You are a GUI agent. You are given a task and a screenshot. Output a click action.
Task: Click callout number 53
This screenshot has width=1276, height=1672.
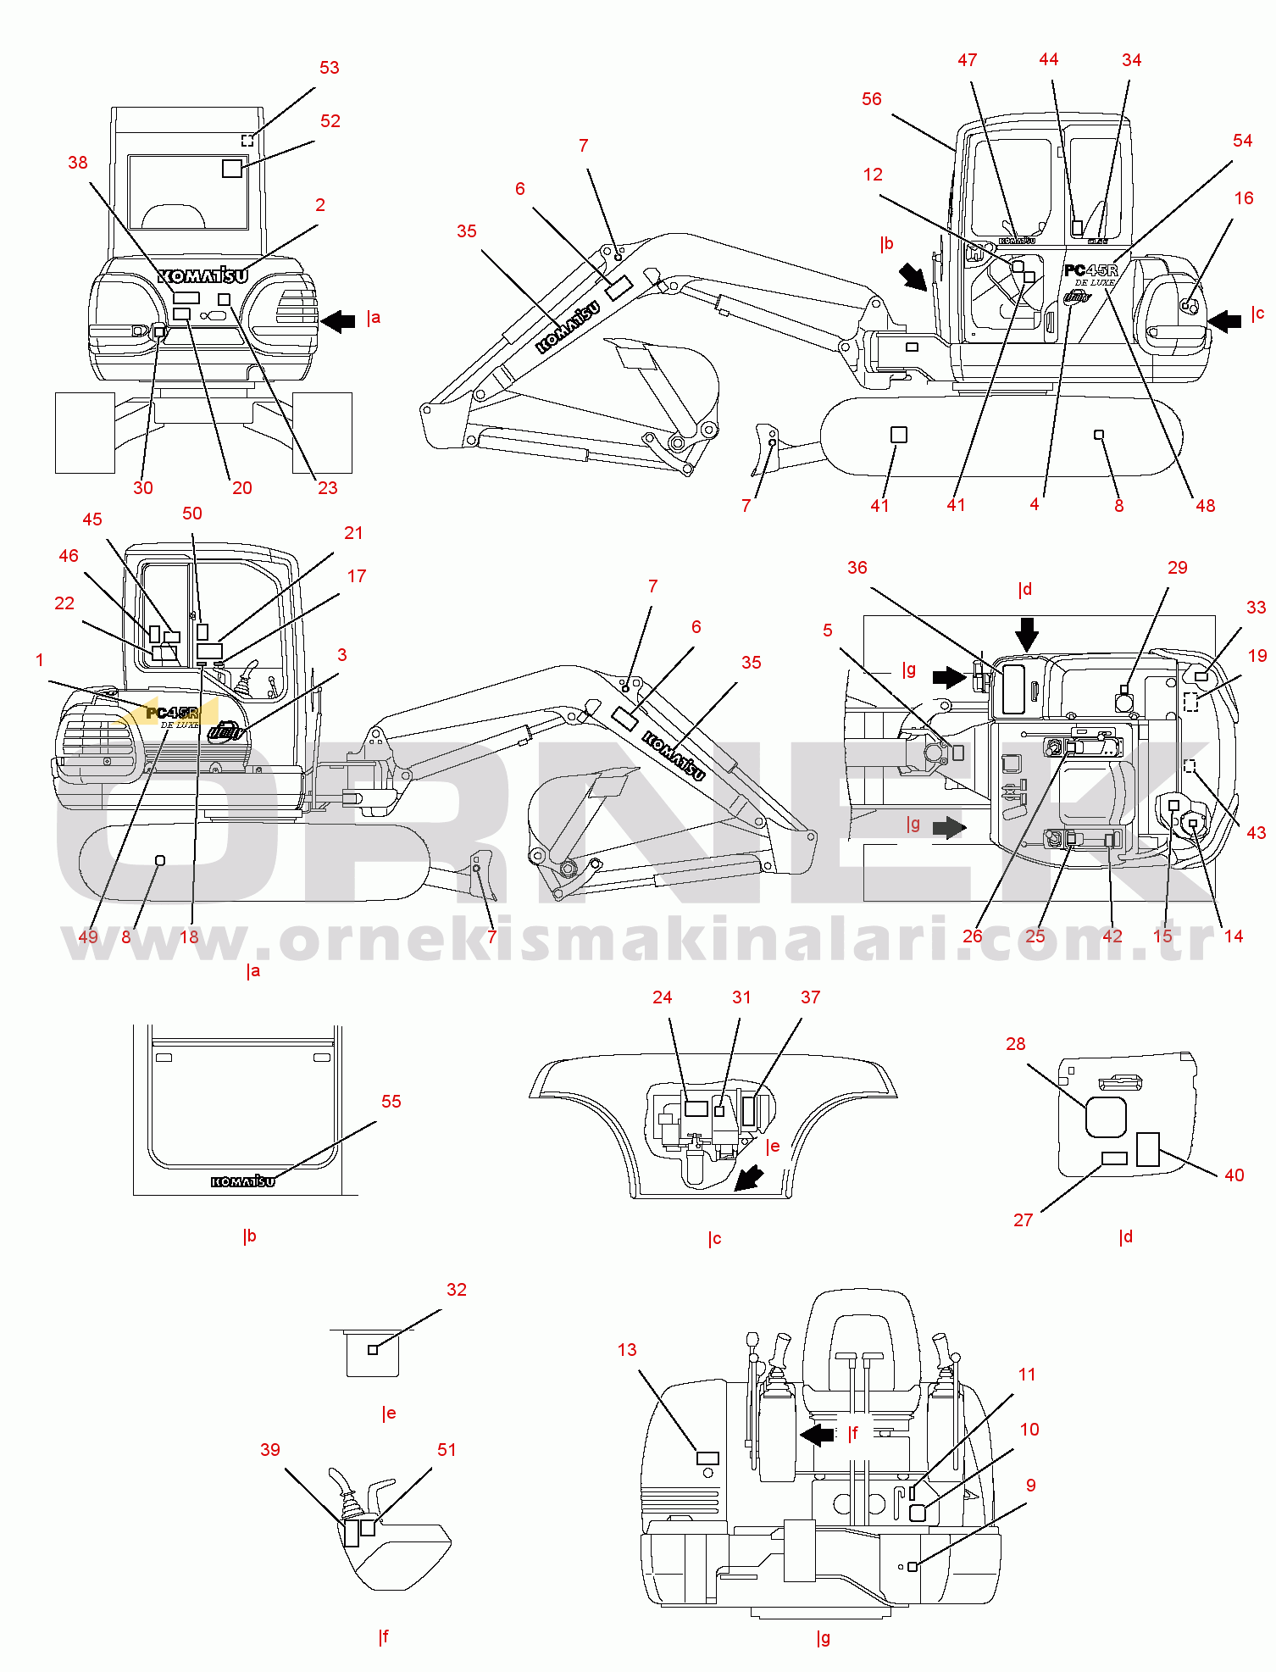330,68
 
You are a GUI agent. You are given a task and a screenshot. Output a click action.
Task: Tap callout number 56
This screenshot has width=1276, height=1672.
872,99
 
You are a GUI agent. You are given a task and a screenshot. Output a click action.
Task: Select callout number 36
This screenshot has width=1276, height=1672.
857,568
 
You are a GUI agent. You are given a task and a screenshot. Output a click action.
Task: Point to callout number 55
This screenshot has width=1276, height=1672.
391,1102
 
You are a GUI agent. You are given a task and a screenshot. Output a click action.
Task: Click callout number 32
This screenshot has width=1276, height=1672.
457,1290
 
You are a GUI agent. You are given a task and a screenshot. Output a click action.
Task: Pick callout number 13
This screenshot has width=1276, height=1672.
627,1350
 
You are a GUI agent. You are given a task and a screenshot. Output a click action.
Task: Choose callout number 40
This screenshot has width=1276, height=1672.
1234,1175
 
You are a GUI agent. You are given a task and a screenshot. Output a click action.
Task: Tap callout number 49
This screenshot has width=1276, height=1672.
88,937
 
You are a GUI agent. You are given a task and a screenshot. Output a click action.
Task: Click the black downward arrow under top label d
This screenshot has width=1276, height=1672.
1027,633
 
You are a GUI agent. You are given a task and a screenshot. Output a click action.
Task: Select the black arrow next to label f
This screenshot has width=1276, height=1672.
818,1435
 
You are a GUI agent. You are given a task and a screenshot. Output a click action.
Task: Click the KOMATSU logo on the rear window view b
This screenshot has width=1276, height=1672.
243,1181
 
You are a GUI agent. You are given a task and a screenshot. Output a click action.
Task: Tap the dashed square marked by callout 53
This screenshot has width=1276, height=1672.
247,140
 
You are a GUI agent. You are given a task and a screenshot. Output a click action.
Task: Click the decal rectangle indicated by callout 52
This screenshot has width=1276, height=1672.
232,168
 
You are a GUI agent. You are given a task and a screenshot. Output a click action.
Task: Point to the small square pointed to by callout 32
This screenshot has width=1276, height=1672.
373,1350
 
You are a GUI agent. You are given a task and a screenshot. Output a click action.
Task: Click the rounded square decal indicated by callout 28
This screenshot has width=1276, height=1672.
1106,1117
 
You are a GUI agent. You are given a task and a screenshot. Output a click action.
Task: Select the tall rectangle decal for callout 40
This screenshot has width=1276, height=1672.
1148,1149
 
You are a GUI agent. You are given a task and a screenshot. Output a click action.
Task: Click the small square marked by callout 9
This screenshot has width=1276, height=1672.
913,1567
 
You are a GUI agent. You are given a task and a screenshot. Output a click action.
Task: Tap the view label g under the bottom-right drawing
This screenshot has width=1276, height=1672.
823,1638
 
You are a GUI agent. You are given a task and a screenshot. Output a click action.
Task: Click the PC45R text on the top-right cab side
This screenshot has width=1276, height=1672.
1090,270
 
